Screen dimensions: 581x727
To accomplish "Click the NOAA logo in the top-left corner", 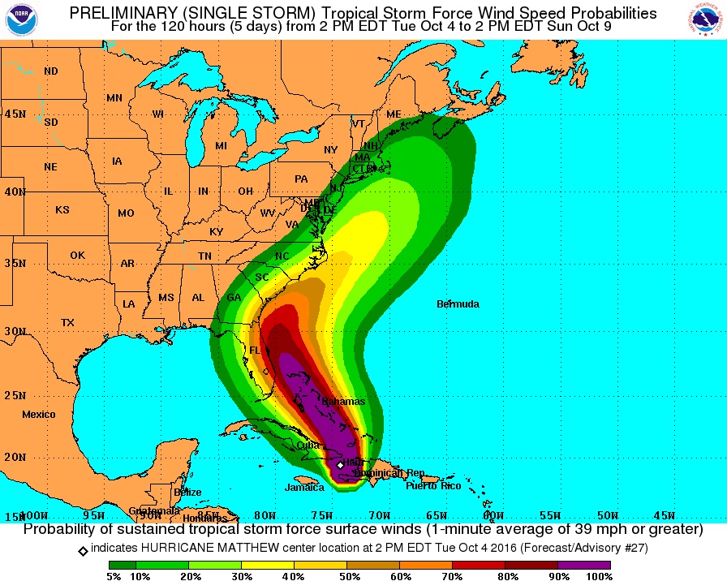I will [21, 19].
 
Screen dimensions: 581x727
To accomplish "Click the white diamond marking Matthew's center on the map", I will [340, 465].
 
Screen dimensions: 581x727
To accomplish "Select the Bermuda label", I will [458, 304].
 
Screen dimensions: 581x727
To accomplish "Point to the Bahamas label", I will [344, 402].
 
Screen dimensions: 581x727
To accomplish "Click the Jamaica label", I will [304, 488].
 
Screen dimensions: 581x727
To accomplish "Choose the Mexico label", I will [39, 415].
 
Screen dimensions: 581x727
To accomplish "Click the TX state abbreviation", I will [67, 323].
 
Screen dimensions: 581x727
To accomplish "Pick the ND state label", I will [51, 71].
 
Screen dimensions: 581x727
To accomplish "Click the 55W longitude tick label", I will [551, 515].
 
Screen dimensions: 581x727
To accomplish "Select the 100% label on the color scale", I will [599, 576].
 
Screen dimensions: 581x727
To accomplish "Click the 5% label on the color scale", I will [114, 576].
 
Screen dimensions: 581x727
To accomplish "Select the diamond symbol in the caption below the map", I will [83, 550].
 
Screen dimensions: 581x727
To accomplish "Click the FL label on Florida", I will [254, 351].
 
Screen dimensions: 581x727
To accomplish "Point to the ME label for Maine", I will [394, 114].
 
